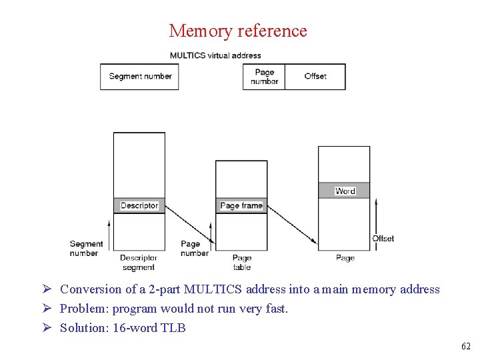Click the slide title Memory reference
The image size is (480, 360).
(238, 31)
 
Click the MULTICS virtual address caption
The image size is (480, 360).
(215, 55)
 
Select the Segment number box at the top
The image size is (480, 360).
(139, 76)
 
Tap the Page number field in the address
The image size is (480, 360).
(264, 77)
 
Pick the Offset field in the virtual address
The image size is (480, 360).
(315, 76)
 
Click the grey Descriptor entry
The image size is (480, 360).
(139, 205)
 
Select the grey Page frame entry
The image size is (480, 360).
(241, 205)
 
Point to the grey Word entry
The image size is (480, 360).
(345, 191)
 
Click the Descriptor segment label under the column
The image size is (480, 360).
(139, 262)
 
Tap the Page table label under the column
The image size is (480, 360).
(242, 262)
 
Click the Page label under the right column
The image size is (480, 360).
(345, 258)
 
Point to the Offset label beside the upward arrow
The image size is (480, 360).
(383, 238)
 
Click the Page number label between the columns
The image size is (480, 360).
(194, 249)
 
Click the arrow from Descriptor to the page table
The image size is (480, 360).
(189, 224)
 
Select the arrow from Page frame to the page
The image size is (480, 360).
(292, 224)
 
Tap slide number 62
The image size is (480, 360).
(465, 347)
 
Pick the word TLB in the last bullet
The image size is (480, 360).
(173, 328)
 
